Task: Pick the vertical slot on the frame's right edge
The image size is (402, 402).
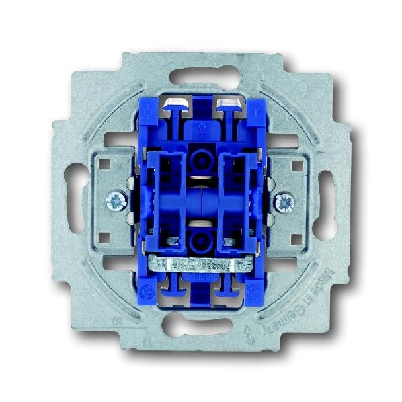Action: click(x=327, y=199)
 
